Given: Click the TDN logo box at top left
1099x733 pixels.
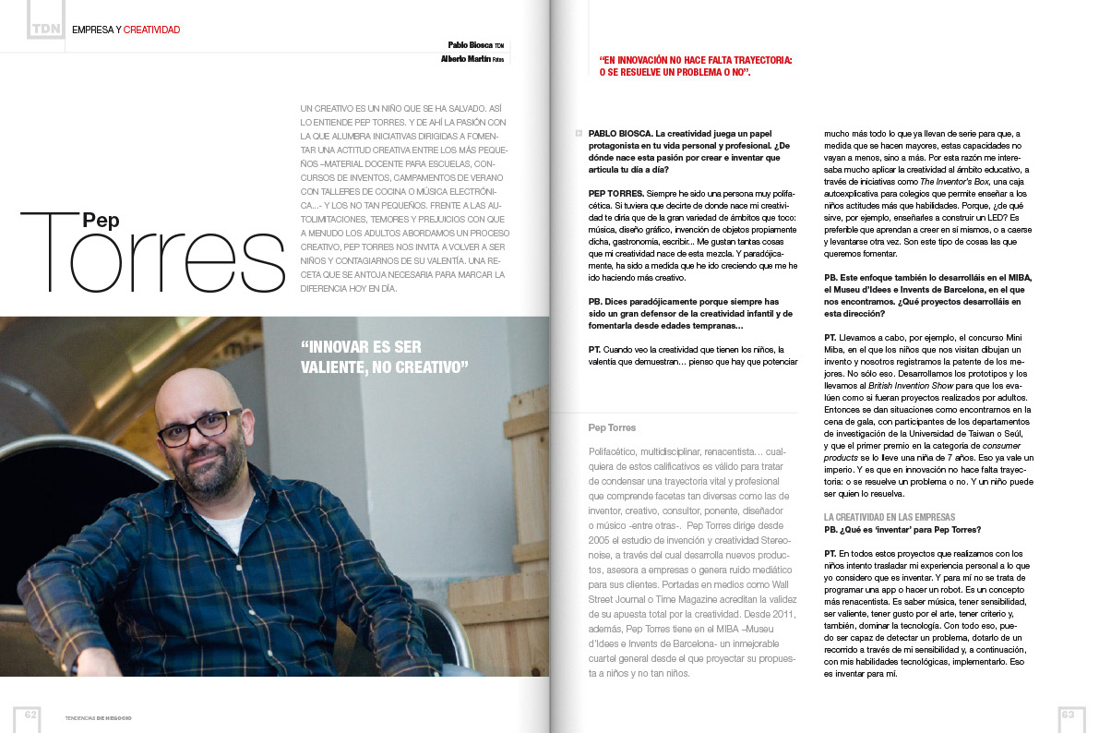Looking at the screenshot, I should tap(45, 29).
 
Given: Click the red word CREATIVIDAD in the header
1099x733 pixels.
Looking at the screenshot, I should tap(151, 30).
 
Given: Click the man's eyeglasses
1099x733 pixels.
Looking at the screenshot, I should tap(200, 427).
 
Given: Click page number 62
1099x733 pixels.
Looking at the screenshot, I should tap(30, 715).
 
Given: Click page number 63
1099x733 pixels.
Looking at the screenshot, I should tap(1069, 715).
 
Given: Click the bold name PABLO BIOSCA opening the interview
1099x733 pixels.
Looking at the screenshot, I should tap(619, 134).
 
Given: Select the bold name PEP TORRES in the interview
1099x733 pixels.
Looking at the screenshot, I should tap(617, 193).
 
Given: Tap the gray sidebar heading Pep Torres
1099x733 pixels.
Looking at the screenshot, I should tap(612, 427).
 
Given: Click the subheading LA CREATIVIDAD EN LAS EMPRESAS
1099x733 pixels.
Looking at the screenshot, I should tap(890, 517).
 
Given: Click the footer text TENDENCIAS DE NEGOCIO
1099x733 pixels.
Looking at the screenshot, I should tap(98, 718).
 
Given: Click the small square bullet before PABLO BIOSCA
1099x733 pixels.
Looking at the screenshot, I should tap(579, 134).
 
